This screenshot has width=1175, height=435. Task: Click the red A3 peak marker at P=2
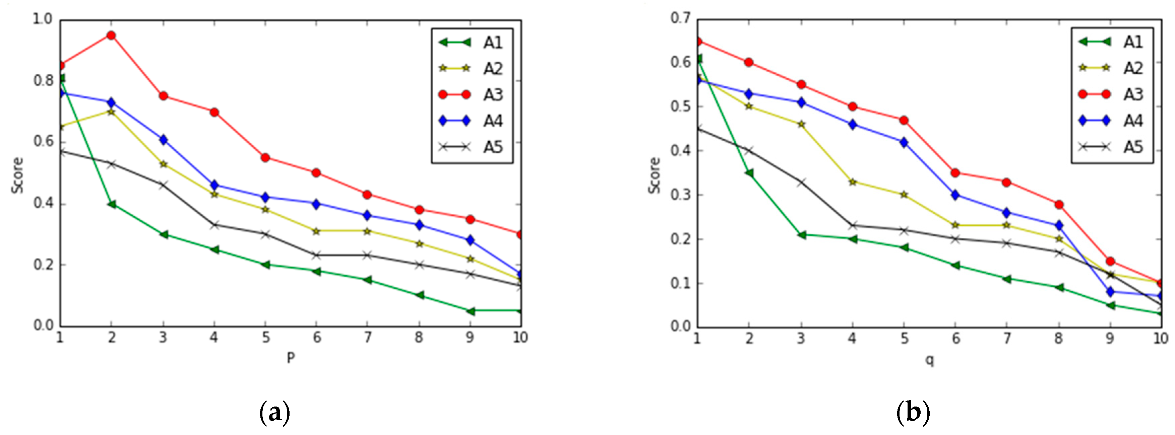click(111, 35)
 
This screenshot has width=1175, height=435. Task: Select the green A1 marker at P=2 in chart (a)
click(111, 204)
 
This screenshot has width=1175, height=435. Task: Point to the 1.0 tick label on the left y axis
click(43, 19)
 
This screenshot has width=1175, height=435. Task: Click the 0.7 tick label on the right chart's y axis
click(680, 18)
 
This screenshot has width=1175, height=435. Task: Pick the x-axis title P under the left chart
click(291, 358)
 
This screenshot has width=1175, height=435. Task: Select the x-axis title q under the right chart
click(929, 360)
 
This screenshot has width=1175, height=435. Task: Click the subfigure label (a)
click(274, 413)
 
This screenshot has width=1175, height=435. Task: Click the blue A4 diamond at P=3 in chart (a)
click(163, 140)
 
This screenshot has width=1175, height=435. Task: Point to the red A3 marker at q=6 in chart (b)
click(955, 173)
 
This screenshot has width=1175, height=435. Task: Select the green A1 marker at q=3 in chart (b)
click(801, 235)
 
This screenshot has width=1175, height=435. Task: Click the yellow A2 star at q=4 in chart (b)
click(852, 182)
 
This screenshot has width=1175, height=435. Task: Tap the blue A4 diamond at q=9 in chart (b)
click(1110, 292)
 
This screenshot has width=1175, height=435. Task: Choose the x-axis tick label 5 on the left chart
click(265, 338)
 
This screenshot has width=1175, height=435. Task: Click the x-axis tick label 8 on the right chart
click(1058, 338)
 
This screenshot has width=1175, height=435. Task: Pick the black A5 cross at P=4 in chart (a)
click(214, 225)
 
